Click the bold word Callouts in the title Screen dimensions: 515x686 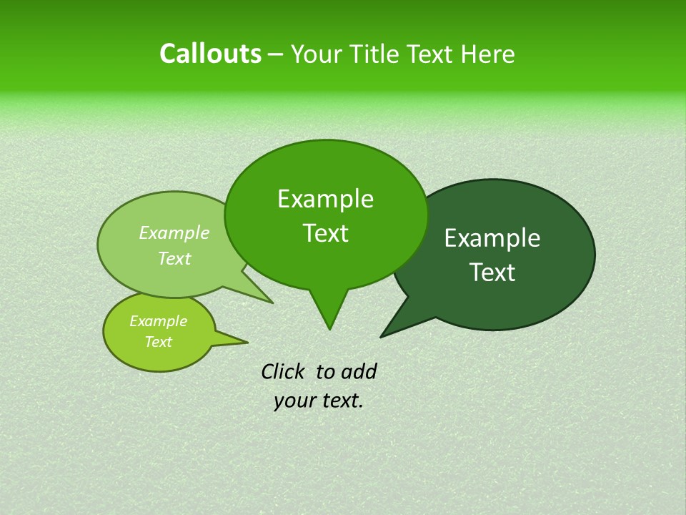click(210, 54)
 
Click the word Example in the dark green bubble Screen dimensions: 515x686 click(492, 238)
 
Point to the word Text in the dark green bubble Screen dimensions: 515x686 click(492, 273)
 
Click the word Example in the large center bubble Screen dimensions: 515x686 click(325, 199)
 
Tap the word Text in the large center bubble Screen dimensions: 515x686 click(325, 233)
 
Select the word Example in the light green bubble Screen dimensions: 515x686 click(174, 233)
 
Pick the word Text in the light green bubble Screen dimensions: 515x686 click(174, 259)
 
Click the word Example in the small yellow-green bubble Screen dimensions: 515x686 click(158, 321)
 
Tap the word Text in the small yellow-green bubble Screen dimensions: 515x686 click(158, 342)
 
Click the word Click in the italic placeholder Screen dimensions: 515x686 click(284, 372)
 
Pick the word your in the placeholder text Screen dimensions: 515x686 click(294, 401)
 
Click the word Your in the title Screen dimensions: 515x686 click(314, 54)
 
